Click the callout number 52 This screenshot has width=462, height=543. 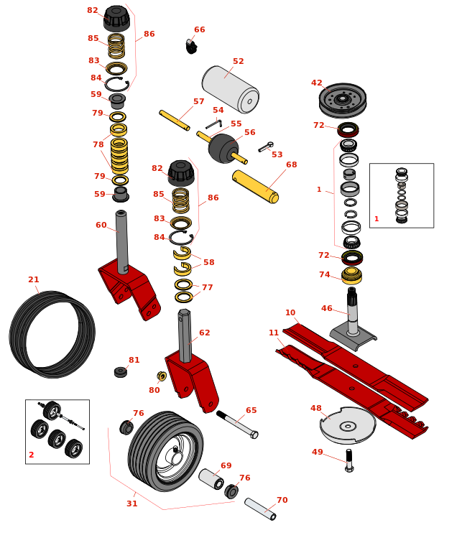[x=238, y=62]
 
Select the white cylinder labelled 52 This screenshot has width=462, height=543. [x=230, y=88]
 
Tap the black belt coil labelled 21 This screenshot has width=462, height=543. [x=52, y=334]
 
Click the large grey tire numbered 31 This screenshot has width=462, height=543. [x=164, y=450]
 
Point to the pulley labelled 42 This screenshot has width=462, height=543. [x=342, y=99]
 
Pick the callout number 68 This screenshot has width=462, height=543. [x=291, y=164]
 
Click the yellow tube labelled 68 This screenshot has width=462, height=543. [x=255, y=187]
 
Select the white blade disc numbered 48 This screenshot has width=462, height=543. [x=347, y=425]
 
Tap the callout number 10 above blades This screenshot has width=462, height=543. [x=290, y=313]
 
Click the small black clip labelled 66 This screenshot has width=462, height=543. [x=191, y=47]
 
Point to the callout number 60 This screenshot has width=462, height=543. [x=101, y=225]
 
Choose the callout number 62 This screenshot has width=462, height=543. [x=205, y=333]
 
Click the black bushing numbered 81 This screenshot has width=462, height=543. [x=121, y=372]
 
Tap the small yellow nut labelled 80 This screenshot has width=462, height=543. [x=162, y=376]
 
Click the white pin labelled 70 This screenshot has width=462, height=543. [x=259, y=509]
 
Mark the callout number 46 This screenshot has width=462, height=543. [x=327, y=309]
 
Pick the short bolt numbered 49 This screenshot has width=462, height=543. [x=349, y=460]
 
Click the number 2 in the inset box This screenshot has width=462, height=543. [x=32, y=455]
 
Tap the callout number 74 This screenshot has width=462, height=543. [x=325, y=274]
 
